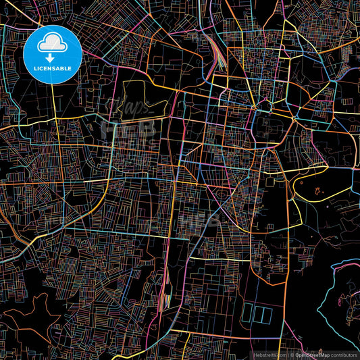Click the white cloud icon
click(51, 45)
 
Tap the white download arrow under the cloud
click(51, 57)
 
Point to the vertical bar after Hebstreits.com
click(287, 354)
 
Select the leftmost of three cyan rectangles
click(247, 313)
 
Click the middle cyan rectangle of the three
click(256, 313)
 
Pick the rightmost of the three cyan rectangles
click(265, 313)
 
